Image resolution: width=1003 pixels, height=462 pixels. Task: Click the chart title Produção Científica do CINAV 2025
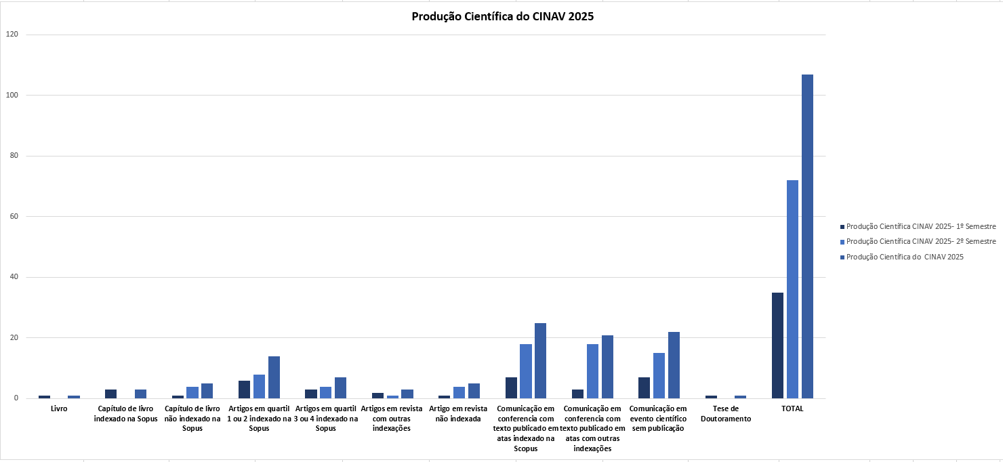pyautogui.click(x=502, y=17)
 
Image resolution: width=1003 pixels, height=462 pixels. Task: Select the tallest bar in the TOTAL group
pyautogui.click(x=807, y=236)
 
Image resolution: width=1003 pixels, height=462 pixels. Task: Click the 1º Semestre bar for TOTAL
pyautogui.click(x=777, y=345)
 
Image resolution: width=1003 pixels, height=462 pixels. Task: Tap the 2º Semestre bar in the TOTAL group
pyautogui.click(x=792, y=289)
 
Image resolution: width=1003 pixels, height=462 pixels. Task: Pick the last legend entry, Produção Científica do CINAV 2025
pyautogui.click(x=905, y=257)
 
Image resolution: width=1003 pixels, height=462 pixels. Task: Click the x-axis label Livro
pyautogui.click(x=59, y=409)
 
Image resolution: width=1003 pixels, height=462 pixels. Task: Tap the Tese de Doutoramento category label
pyautogui.click(x=725, y=414)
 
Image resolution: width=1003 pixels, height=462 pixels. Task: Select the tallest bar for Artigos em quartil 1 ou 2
pyautogui.click(x=274, y=377)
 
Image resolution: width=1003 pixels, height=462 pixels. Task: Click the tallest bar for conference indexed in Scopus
pyautogui.click(x=540, y=361)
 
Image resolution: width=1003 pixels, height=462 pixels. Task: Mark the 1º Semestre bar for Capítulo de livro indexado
pyautogui.click(x=110, y=394)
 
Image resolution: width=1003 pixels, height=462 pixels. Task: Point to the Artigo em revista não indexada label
pyautogui.click(x=459, y=414)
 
